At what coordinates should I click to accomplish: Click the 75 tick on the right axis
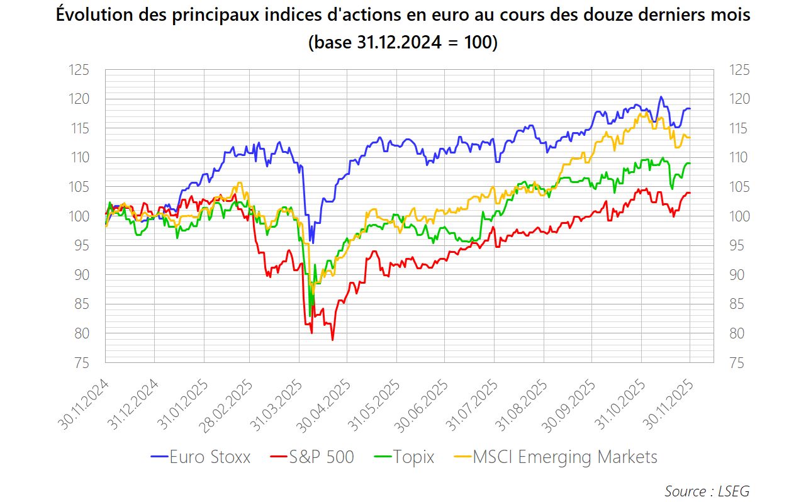740,363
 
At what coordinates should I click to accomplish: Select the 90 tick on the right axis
740,275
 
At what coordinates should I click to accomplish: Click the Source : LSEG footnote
707,491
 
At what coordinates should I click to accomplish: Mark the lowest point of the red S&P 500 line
332,340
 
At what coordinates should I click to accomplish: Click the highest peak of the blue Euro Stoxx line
660,97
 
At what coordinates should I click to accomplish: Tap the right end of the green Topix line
690,164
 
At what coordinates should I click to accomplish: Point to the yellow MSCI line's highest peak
646,113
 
